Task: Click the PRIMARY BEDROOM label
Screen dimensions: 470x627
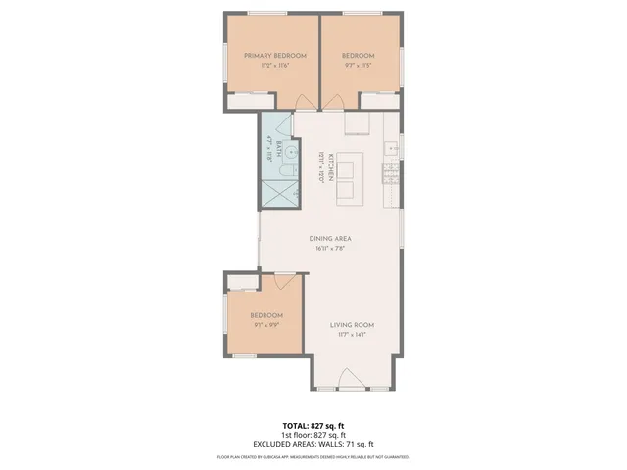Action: pyautogui.click(x=269, y=56)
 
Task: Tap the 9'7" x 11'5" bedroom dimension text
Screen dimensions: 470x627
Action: pyautogui.click(x=359, y=66)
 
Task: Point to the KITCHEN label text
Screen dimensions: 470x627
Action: pyautogui.click(x=331, y=167)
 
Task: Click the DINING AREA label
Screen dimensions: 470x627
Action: pyautogui.click(x=330, y=239)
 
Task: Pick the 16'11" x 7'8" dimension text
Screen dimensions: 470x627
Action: pyautogui.click(x=330, y=249)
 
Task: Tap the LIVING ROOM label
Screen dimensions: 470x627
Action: pyautogui.click(x=352, y=325)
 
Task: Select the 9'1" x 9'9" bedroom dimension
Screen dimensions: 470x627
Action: pyautogui.click(x=265, y=324)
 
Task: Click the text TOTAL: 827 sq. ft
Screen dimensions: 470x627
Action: pyautogui.click(x=313, y=426)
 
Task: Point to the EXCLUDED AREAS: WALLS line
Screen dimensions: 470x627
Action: pyautogui.click(x=313, y=444)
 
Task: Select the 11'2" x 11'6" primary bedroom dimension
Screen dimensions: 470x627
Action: pyautogui.click(x=269, y=66)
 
